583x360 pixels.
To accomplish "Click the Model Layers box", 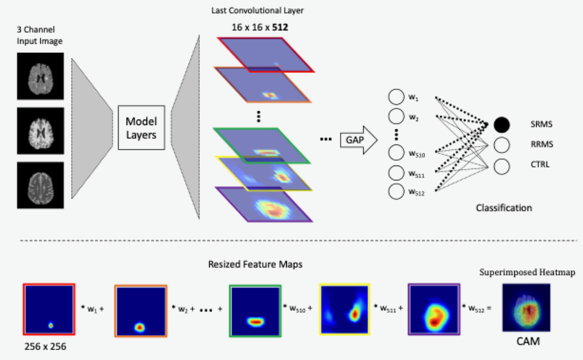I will (141, 128).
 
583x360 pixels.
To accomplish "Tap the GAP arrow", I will (358, 140).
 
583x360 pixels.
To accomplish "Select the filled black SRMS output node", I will (502, 125).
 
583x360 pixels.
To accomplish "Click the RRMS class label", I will (541, 144).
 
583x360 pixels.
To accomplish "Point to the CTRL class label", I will (540, 164).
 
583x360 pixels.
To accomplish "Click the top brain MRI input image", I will (40, 76).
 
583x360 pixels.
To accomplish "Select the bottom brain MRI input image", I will (40, 185).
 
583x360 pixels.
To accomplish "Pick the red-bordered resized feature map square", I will (49, 309).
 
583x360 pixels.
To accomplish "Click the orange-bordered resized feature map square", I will (141, 311).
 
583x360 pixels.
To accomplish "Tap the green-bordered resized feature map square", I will (255, 311).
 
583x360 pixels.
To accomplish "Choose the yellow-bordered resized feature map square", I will (345, 309).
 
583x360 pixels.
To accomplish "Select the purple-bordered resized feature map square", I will (434, 309).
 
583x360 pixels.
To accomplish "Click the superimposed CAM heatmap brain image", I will (526, 307).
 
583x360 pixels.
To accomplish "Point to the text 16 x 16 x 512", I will (260, 27).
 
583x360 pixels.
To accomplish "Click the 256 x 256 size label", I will (45, 346).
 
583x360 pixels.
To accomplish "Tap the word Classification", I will (504, 208).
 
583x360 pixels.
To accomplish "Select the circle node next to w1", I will (396, 97).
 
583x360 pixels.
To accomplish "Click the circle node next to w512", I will (396, 191).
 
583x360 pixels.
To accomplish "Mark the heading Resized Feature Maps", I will (255, 264).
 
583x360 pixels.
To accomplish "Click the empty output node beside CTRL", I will (502, 166).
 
